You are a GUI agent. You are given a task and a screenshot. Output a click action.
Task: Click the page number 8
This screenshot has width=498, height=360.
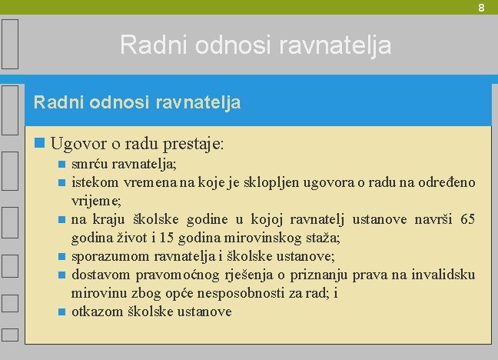pyautogui.click(x=481, y=8)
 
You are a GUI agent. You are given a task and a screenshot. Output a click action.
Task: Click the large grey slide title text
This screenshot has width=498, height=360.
pyautogui.click(x=255, y=45)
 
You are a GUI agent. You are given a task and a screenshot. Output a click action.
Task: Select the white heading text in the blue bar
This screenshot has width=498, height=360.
pyautogui.click(x=138, y=102)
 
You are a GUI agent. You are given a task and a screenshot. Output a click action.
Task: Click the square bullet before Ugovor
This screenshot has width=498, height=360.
pyautogui.click(x=41, y=144)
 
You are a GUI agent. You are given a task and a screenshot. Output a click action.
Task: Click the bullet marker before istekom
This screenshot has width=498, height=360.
pyautogui.click(x=62, y=182)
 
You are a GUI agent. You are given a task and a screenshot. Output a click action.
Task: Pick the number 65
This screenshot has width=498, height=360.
pyautogui.click(x=467, y=219)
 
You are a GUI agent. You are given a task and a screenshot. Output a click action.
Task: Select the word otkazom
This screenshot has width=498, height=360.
pyautogui.click(x=95, y=312)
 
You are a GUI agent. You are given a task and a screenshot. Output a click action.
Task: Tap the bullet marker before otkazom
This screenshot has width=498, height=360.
pyautogui.click(x=62, y=312)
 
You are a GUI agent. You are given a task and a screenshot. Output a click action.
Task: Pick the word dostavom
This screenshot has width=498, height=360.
pyautogui.click(x=100, y=275)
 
